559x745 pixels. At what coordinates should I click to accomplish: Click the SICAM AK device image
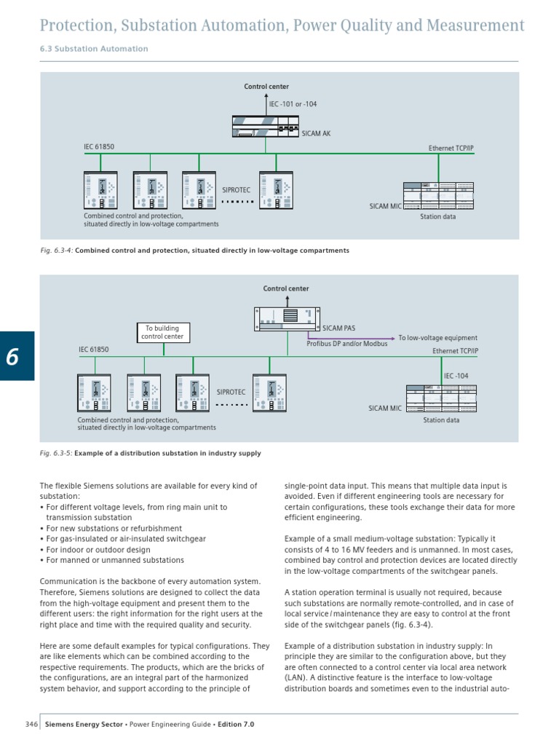pos(266,127)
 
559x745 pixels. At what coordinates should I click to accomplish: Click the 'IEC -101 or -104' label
pos(293,104)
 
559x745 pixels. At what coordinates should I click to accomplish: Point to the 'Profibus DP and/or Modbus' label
pos(347,344)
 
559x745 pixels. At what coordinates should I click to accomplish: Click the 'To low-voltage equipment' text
pos(437,338)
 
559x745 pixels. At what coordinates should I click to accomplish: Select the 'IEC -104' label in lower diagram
pos(456,376)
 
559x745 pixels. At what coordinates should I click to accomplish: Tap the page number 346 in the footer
pos(31,725)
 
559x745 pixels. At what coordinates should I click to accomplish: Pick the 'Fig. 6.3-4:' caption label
pos(56,251)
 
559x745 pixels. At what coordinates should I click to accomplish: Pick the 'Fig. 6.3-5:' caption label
pos(56,453)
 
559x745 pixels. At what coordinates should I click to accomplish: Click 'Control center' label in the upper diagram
pos(266,87)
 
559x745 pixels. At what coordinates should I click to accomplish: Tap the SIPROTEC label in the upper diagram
pos(235,189)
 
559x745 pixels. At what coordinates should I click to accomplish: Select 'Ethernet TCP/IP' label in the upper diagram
pos(451,149)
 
